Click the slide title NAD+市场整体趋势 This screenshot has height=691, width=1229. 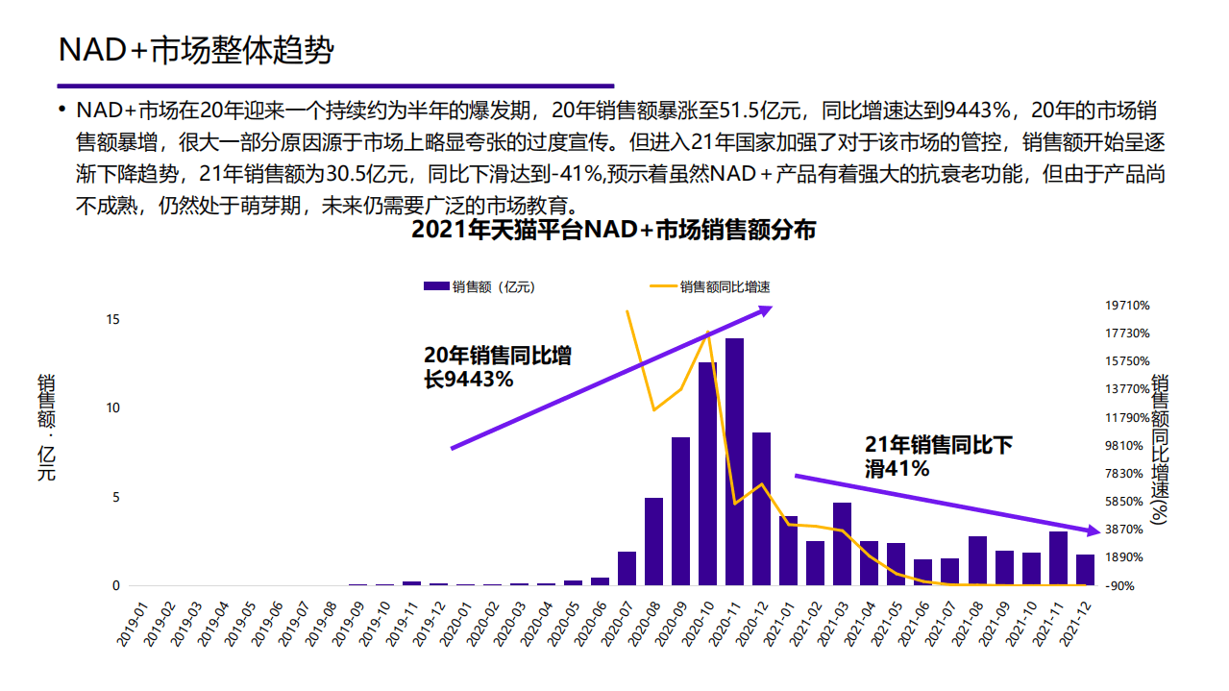tap(196, 50)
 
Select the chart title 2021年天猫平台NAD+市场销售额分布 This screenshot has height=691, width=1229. tap(613, 231)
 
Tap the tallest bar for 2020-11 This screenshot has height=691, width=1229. tap(734, 461)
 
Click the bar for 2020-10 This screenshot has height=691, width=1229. tap(707, 473)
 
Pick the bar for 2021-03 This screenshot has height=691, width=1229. tap(842, 544)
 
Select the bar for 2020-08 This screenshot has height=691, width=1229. tap(653, 541)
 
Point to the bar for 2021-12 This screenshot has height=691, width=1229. tap(1085, 570)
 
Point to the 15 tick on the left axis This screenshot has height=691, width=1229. tap(112, 319)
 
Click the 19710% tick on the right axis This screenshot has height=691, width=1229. tap(1127, 306)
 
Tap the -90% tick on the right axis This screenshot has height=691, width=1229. tap(1120, 585)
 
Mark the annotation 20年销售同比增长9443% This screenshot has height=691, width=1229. tap(497, 367)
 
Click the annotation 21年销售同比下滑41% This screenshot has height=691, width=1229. tap(938, 457)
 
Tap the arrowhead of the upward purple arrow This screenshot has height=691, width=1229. tap(767, 309)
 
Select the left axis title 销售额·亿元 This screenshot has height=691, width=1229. tap(46, 427)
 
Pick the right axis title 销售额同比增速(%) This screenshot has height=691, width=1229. tap(1159, 449)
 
